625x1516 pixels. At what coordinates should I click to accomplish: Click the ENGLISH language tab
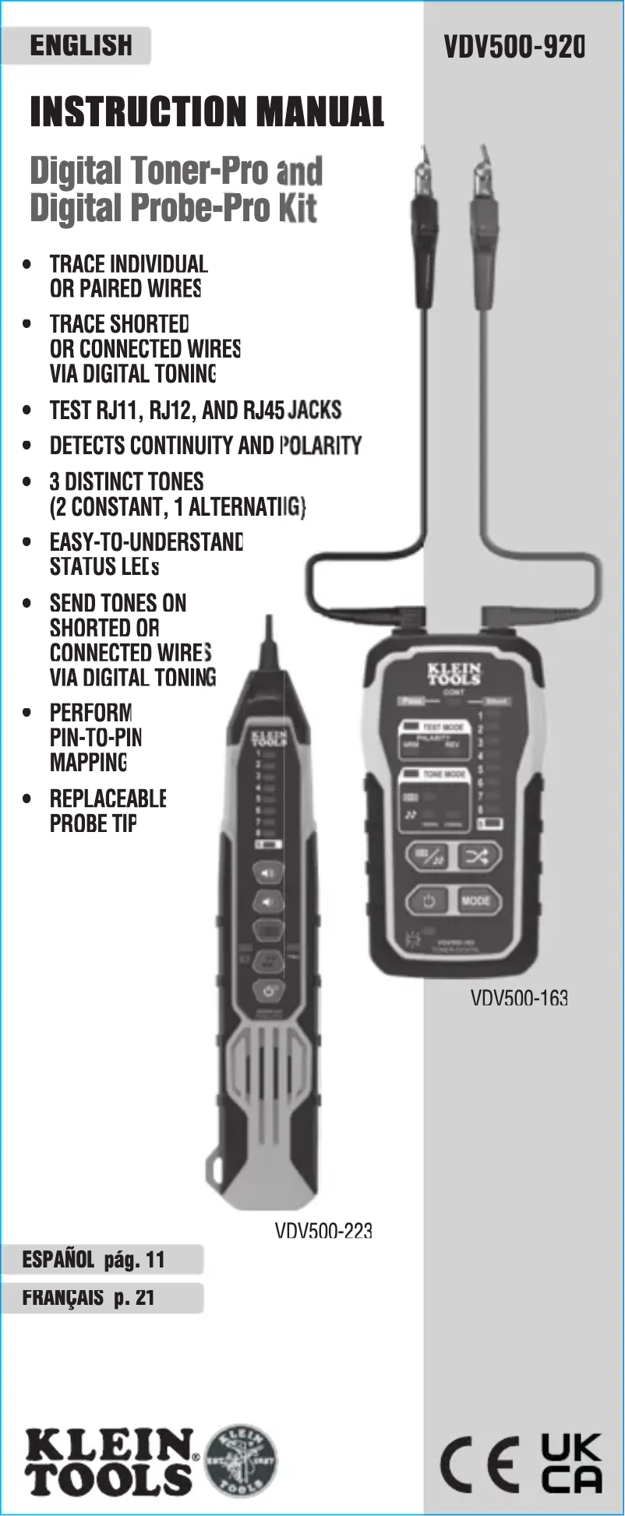tap(80, 46)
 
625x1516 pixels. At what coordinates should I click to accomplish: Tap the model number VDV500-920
tap(514, 47)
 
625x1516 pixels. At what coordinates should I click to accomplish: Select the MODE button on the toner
tap(475, 901)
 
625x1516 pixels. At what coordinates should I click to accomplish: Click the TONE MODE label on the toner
tap(445, 774)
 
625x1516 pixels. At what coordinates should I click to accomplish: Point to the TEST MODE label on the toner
tap(443, 726)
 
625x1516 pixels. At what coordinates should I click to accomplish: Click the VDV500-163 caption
tap(519, 998)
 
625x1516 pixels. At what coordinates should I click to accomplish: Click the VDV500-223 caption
tap(323, 1231)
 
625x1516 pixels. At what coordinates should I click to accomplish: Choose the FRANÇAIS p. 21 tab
tap(89, 1298)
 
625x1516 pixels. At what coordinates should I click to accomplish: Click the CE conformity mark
tap(479, 1465)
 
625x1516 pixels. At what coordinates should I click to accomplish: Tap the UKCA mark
tap(571, 1463)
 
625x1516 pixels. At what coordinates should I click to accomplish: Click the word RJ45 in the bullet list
tap(263, 410)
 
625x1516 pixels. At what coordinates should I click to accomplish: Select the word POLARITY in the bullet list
tap(320, 446)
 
